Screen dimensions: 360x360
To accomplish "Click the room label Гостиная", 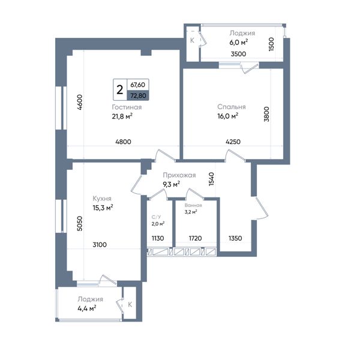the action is coord(127,107).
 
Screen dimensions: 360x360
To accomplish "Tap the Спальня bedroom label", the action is coord(232,107).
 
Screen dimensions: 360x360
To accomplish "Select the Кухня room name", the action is coord(102,199).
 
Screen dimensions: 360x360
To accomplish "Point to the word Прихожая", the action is coord(179,175).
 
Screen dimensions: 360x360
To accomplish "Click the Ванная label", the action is coord(193,205).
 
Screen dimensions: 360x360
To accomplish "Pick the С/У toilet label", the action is coord(157,217).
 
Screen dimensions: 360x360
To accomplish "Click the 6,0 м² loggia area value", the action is coord(239,42).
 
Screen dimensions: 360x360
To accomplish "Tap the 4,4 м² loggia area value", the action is coord(87,308).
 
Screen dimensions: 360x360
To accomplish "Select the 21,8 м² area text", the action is coord(122,116).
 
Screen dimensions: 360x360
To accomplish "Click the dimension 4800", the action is coord(123,142).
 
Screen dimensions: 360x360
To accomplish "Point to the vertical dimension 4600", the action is coord(80,103).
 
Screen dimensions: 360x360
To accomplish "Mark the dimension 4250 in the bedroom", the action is coord(233,142).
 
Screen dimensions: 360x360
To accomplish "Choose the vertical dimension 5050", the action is coord(79,223).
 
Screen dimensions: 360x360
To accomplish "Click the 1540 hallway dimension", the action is coord(211,179).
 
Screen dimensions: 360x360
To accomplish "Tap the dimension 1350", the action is coord(235,238).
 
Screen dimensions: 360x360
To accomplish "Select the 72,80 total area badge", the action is coord(138,95).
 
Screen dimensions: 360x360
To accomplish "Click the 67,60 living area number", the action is coord(138,85).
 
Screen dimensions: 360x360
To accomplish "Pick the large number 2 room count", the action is coord(120,89).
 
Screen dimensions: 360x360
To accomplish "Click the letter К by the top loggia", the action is coord(192,40).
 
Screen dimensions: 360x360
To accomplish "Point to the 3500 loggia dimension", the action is coord(238,54).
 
